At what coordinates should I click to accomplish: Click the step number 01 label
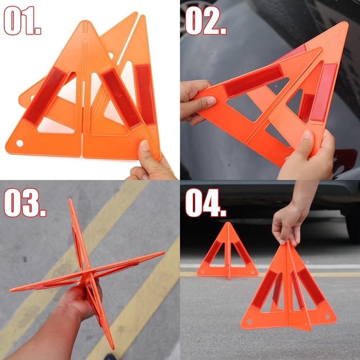pyautogui.click(x=22, y=21)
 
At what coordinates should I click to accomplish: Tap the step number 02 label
pyautogui.click(x=206, y=20)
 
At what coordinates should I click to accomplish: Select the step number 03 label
pyautogui.click(x=25, y=202)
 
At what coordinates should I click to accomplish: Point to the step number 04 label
pyautogui.click(x=206, y=202)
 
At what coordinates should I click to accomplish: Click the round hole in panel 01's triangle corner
pyautogui.click(x=20, y=143)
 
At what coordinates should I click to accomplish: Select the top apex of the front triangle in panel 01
pyautogui.click(x=86, y=21)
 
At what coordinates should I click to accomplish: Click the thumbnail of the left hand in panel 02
pyautogui.click(x=211, y=101)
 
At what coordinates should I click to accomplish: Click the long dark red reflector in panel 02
pyautogui.click(x=253, y=81)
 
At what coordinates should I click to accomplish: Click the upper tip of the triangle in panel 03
pyautogui.click(x=70, y=200)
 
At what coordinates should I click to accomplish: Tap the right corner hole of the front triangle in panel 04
pyautogui.click(x=327, y=316)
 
